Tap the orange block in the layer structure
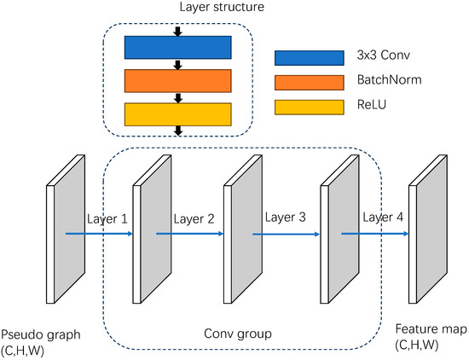[x=177, y=81]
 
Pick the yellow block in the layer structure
[x=177, y=113]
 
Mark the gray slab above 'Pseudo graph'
[x=71, y=235]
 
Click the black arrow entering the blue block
[x=177, y=32]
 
